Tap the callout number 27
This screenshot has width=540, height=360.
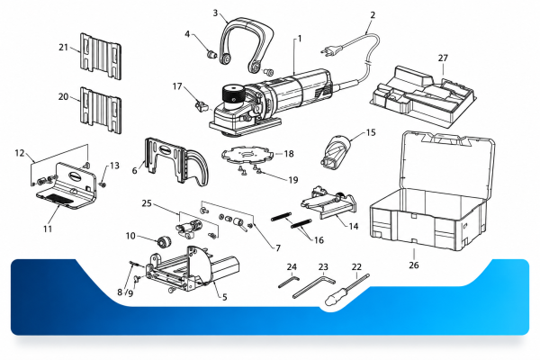[x=443, y=58]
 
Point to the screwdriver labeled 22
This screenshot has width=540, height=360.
[x=346, y=290]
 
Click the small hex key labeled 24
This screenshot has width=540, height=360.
[x=288, y=282]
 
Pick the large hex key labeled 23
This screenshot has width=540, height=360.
[x=313, y=285]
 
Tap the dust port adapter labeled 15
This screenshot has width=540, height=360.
[x=336, y=152]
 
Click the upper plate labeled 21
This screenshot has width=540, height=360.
[x=101, y=57]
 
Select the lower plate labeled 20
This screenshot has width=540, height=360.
[x=101, y=110]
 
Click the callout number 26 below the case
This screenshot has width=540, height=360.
[x=414, y=265]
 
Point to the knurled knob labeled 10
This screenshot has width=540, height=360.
[x=164, y=241]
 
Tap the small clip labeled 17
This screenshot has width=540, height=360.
[x=202, y=105]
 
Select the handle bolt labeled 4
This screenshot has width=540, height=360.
[x=211, y=54]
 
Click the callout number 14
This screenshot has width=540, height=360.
[x=354, y=226]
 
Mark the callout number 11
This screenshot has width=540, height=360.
[x=48, y=229]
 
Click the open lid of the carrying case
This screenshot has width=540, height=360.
[x=448, y=161]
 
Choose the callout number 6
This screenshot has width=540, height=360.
[x=135, y=170]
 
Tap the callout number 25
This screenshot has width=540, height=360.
[x=147, y=203]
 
